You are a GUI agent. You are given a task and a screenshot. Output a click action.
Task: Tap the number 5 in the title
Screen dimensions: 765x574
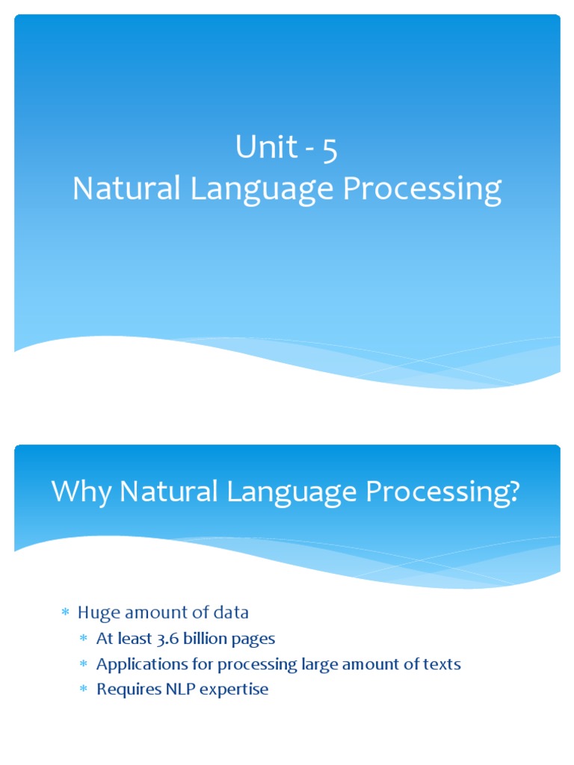pos(330,149)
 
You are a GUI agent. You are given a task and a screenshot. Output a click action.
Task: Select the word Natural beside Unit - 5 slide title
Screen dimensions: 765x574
pos(126,189)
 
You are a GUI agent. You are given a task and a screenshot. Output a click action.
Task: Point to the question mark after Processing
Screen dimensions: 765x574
pos(512,492)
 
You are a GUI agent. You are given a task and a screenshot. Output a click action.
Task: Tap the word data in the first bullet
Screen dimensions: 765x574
pos(232,613)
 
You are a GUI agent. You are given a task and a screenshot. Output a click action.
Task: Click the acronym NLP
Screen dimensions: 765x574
pos(173,689)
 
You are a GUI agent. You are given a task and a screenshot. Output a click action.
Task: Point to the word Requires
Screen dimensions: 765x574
pos(125,690)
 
